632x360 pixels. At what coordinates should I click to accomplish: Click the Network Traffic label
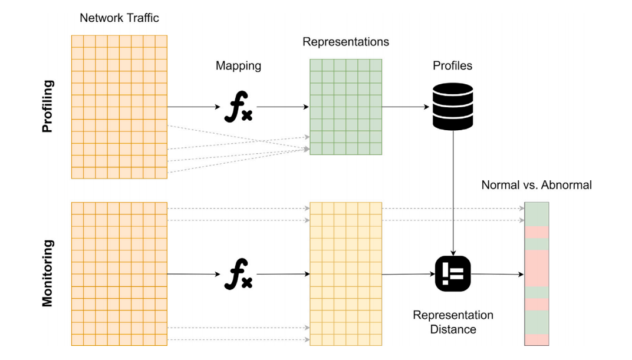(x=119, y=18)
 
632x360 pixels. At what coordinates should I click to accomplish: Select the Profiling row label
(x=48, y=106)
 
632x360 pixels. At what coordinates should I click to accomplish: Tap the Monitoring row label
(x=48, y=273)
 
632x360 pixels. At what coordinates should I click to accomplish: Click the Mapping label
(x=238, y=66)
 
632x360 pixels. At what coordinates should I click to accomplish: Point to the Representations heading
(x=345, y=42)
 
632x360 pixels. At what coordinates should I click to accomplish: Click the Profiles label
(x=452, y=66)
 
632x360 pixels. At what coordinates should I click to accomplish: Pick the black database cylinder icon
(x=452, y=107)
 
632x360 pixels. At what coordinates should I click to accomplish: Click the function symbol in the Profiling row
(x=238, y=108)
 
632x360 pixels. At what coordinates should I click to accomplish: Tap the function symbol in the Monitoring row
(x=238, y=275)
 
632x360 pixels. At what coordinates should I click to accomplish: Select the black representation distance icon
(x=453, y=274)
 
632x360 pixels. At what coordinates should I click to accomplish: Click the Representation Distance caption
(x=453, y=322)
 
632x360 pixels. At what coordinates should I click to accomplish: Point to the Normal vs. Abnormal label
(x=536, y=185)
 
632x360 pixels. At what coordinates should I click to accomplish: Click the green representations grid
(x=345, y=107)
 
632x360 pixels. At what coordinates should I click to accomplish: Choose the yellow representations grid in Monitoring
(x=345, y=273)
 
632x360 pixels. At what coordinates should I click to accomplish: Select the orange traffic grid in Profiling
(x=119, y=107)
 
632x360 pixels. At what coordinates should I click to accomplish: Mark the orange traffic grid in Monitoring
(x=119, y=273)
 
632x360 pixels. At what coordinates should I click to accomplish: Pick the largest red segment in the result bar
(x=536, y=268)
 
